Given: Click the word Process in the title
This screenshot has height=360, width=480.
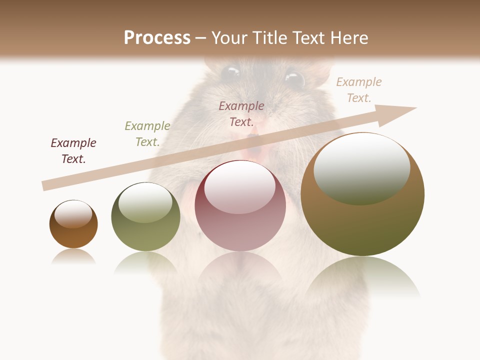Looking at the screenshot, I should pos(157,38).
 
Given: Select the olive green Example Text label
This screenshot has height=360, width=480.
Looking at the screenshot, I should pos(147,134).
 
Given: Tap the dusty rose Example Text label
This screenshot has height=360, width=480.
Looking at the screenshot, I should pos(241,114).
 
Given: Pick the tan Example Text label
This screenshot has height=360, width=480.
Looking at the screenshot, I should pos(359,90).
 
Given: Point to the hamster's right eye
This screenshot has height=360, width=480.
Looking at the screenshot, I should pos(294,79).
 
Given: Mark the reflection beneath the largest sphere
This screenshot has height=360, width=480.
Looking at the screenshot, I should pos(362,277).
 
